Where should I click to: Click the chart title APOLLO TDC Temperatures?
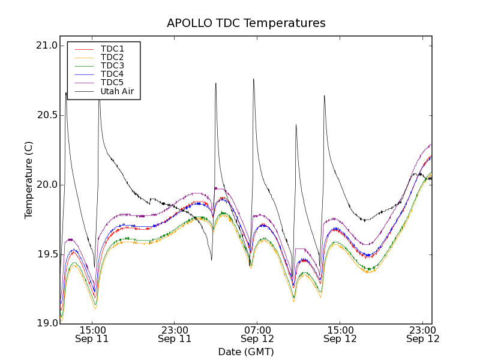click(x=246, y=23)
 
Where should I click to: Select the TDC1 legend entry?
click(x=112, y=49)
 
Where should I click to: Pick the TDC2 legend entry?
click(x=112, y=57)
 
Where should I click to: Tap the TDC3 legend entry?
click(x=112, y=65)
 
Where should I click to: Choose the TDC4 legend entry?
click(x=112, y=74)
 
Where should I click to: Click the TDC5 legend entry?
click(x=112, y=82)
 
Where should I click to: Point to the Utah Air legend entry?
click(x=117, y=91)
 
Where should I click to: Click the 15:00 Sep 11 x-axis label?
click(x=92, y=334)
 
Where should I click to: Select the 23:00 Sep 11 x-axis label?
click(x=175, y=334)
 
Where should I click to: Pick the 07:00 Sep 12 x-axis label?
click(x=257, y=334)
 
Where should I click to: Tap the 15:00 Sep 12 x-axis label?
click(x=340, y=334)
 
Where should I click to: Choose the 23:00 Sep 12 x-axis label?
click(x=423, y=334)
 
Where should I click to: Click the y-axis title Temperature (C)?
click(x=29, y=180)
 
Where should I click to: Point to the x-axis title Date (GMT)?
click(x=246, y=352)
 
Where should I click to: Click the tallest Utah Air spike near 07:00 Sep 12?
click(x=253, y=79)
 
